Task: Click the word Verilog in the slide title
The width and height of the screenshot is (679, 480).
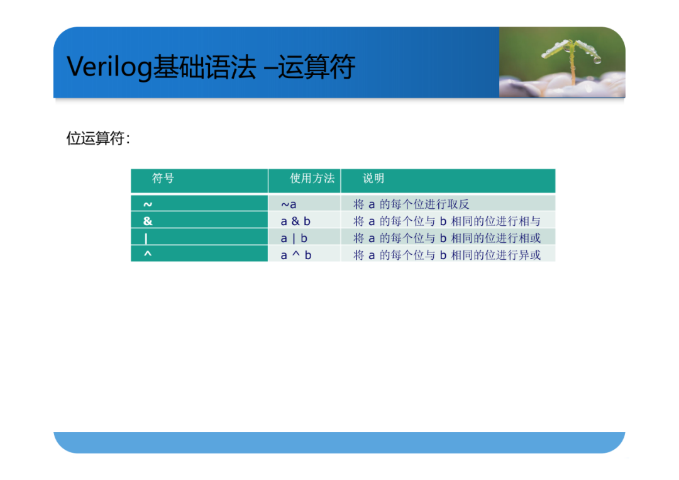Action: (x=109, y=68)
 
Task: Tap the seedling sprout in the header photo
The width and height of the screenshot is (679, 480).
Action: (x=571, y=60)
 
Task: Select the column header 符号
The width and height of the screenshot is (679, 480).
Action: (x=163, y=178)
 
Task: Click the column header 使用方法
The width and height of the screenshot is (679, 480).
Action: (x=312, y=178)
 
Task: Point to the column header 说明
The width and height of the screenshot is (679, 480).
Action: (x=373, y=178)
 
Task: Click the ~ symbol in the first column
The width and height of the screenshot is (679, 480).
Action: (x=148, y=204)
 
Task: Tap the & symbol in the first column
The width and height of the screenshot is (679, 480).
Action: (x=148, y=221)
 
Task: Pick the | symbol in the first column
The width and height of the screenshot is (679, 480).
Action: (x=146, y=238)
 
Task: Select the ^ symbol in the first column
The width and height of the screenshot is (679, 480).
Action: (x=148, y=254)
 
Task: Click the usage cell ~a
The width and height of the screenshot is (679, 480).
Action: (x=289, y=204)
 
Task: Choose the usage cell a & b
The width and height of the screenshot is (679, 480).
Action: (x=295, y=221)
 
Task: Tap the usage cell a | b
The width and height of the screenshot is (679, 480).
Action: (x=294, y=238)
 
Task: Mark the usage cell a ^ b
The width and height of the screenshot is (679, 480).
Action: (x=295, y=255)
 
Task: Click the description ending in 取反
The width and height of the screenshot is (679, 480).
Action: (x=411, y=204)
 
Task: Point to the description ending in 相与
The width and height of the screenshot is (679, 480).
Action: (x=447, y=221)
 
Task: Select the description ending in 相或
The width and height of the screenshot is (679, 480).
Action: (x=447, y=238)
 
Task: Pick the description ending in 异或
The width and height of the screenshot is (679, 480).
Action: (x=447, y=255)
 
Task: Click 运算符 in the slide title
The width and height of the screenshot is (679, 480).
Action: (x=316, y=67)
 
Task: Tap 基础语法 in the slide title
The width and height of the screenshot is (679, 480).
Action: (x=205, y=67)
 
